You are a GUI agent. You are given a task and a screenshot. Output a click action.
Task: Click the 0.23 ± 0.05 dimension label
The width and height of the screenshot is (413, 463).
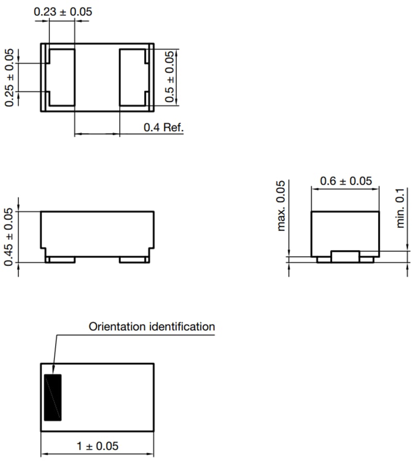tap(63, 11)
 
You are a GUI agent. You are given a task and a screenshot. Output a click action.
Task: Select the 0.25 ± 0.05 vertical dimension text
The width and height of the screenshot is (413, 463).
tap(10, 78)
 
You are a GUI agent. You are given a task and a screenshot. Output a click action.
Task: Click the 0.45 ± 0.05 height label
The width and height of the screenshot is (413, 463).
tap(10, 237)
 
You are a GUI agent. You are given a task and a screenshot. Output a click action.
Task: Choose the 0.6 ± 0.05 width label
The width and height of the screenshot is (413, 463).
tap(346, 181)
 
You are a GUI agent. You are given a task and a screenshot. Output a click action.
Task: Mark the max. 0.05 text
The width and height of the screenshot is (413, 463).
tap(281, 206)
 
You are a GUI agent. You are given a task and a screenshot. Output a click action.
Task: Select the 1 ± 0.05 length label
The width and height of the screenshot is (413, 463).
tap(98, 446)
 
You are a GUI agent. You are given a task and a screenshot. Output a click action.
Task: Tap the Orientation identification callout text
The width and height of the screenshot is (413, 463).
tap(152, 326)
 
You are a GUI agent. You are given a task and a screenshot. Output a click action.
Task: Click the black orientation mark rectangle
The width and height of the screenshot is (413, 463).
tap(52, 397)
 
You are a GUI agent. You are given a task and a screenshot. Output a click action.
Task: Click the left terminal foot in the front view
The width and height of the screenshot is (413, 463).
tap(61, 260)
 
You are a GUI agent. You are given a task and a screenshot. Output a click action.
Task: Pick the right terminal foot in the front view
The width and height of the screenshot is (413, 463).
tap(134, 260)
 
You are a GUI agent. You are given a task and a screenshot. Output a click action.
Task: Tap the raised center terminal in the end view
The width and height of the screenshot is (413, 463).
tap(345, 256)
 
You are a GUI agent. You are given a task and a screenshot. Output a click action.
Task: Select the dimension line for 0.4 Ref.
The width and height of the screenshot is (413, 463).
tap(97, 134)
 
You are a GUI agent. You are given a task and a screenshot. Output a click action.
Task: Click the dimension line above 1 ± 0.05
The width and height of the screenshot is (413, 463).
tap(98, 454)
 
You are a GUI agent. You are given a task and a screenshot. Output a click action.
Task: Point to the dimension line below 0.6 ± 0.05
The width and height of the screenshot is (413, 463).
tap(345, 189)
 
